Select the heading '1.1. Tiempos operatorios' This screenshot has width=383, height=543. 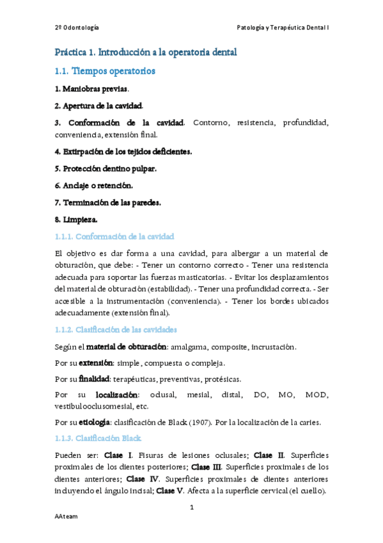click(x=105, y=70)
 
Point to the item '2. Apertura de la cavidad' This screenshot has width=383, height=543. click(x=98, y=105)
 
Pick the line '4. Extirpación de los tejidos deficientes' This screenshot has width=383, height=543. click(x=123, y=152)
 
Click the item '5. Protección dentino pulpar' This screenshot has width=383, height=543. click(x=105, y=168)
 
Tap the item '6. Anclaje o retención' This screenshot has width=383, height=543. click(x=93, y=185)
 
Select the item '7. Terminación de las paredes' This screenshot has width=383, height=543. click(x=107, y=202)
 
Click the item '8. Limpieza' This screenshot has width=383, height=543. click(x=75, y=219)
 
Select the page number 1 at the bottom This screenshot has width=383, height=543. click(x=192, y=508)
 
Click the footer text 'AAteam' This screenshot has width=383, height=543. click(x=65, y=516)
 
